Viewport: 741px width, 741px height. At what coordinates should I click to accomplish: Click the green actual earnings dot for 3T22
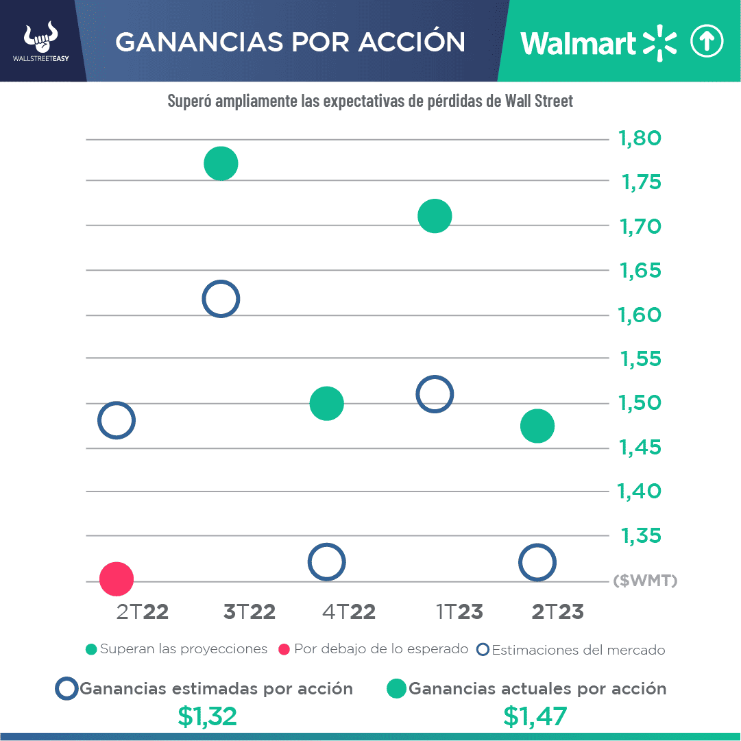tap(221, 164)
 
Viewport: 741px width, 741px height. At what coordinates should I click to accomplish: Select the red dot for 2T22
tap(116, 579)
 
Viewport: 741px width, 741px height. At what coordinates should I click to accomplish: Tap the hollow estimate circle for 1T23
tap(435, 394)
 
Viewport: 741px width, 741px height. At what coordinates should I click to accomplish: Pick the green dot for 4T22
tap(326, 403)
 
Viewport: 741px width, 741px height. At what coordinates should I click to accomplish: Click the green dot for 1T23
tap(435, 217)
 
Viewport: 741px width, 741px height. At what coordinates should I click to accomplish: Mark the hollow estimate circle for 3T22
tap(221, 299)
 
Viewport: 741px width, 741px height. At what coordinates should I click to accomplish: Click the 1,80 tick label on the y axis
tap(640, 139)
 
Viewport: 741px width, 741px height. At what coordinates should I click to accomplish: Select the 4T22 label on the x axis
tap(349, 611)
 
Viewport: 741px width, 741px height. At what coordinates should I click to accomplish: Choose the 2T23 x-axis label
tap(557, 611)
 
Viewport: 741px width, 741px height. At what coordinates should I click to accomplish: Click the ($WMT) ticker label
tap(645, 581)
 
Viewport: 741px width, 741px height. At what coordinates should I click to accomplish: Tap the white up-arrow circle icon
tap(707, 42)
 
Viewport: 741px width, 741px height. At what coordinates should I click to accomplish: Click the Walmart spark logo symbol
tap(659, 42)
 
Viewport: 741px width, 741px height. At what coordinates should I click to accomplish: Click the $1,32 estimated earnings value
tap(207, 716)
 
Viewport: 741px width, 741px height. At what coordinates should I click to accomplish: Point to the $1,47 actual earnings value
tap(535, 716)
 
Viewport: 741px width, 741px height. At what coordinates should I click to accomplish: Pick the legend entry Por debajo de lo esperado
tap(374, 648)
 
